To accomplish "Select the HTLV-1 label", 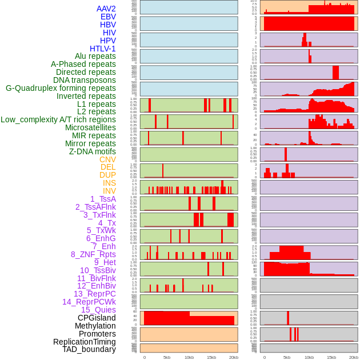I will tap(103, 49).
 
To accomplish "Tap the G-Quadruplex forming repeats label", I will tap(61, 88).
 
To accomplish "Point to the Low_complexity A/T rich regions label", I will tap(58, 119).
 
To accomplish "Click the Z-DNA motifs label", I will tap(93, 151).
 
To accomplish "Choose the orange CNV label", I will tap(107, 159).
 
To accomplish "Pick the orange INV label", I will tap(109, 191).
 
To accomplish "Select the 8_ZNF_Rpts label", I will tap(93, 254).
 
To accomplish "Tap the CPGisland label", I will tap(97, 318).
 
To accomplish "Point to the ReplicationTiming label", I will tap(85, 342).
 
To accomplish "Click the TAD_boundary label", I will tap(89, 349).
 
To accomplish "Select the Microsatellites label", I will tap(90, 127).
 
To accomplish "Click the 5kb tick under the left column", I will tap(167, 357).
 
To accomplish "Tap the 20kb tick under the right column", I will tap(354, 357).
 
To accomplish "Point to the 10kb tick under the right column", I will tap(309, 357).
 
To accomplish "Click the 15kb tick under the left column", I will tap(211, 357).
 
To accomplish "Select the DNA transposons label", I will tap(85, 80).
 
